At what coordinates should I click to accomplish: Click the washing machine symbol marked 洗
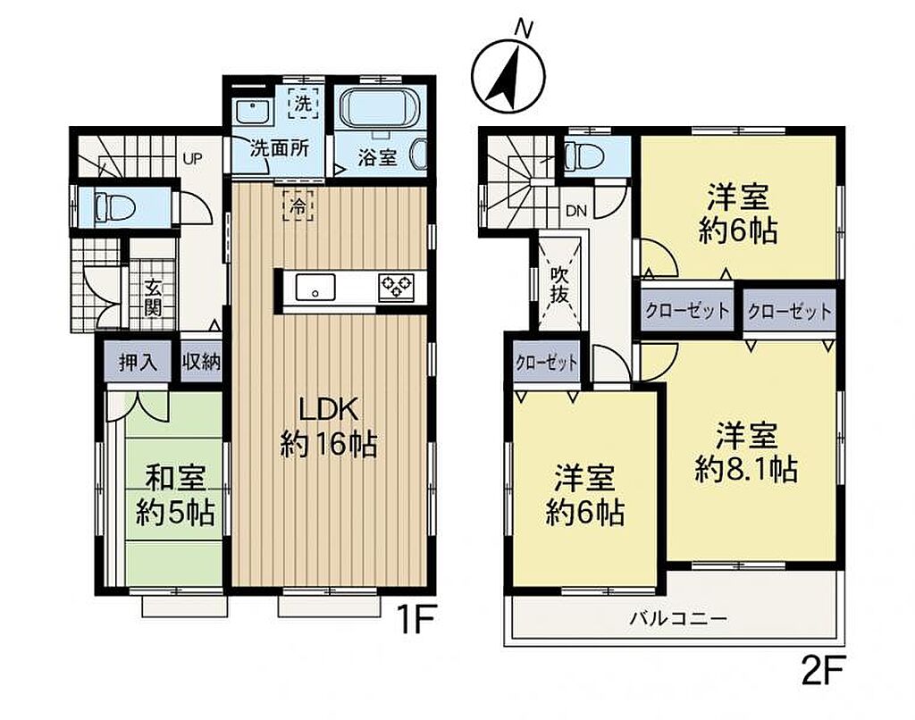click(x=303, y=104)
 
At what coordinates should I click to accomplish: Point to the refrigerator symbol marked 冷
click(x=298, y=205)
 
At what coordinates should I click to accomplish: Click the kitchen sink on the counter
click(x=315, y=288)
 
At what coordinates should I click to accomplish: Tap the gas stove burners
click(x=396, y=287)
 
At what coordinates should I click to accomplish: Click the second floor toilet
click(x=585, y=155)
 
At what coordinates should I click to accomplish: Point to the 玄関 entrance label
click(x=154, y=297)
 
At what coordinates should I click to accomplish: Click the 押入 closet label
click(x=139, y=363)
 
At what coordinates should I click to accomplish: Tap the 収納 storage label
click(x=202, y=363)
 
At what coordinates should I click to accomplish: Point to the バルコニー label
click(x=678, y=618)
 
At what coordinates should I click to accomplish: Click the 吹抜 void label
click(x=559, y=284)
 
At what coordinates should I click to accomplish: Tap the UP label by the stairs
click(x=193, y=158)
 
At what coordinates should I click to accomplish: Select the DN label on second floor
click(x=576, y=211)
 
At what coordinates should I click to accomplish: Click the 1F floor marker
click(x=415, y=622)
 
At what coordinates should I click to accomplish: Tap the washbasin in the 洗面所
click(x=252, y=112)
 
